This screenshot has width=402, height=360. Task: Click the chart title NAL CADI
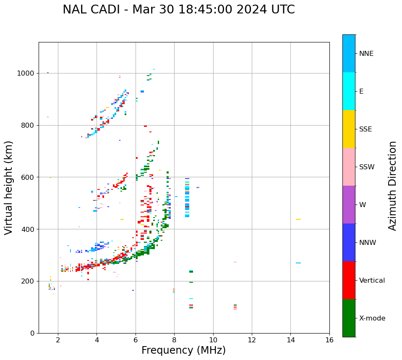tap(178, 10)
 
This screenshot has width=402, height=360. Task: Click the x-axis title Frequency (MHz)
tap(183, 350)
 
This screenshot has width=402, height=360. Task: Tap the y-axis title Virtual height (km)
tap(9, 187)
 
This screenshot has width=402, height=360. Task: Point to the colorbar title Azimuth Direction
tap(392, 186)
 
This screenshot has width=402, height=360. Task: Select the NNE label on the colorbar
tap(366, 54)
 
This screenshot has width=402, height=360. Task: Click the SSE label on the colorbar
tap(365, 129)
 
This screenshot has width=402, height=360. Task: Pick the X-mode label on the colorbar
tap(372, 318)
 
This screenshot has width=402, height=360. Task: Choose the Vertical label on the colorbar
tap(372, 281)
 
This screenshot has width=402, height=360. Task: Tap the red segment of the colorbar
tap(349, 280)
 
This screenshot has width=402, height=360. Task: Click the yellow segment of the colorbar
tap(349, 129)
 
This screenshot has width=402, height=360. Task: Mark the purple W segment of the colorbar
tap(349, 205)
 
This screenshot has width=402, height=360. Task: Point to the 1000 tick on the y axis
tap(26, 73)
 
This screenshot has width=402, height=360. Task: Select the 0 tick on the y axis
tap(32, 333)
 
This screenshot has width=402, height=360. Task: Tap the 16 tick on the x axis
tap(329, 340)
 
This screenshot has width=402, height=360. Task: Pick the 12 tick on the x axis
tap(251, 340)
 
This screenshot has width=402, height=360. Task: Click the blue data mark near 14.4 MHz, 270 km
tap(298, 263)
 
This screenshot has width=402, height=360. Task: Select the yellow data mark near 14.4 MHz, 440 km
tap(298, 219)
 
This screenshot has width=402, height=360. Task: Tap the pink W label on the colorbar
tap(362, 205)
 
